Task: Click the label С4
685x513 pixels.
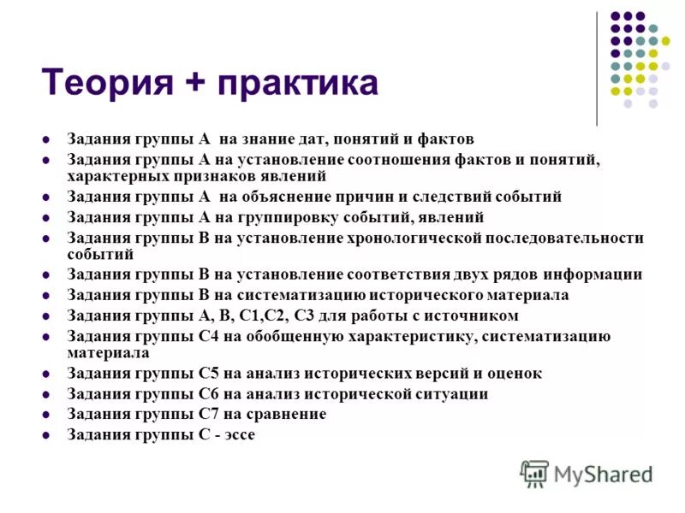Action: click(211, 336)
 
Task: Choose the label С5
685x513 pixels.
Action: click(211, 373)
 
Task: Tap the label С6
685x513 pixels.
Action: click(211, 393)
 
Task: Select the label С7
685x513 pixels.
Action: click(211, 414)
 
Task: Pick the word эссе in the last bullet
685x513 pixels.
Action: click(237, 434)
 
